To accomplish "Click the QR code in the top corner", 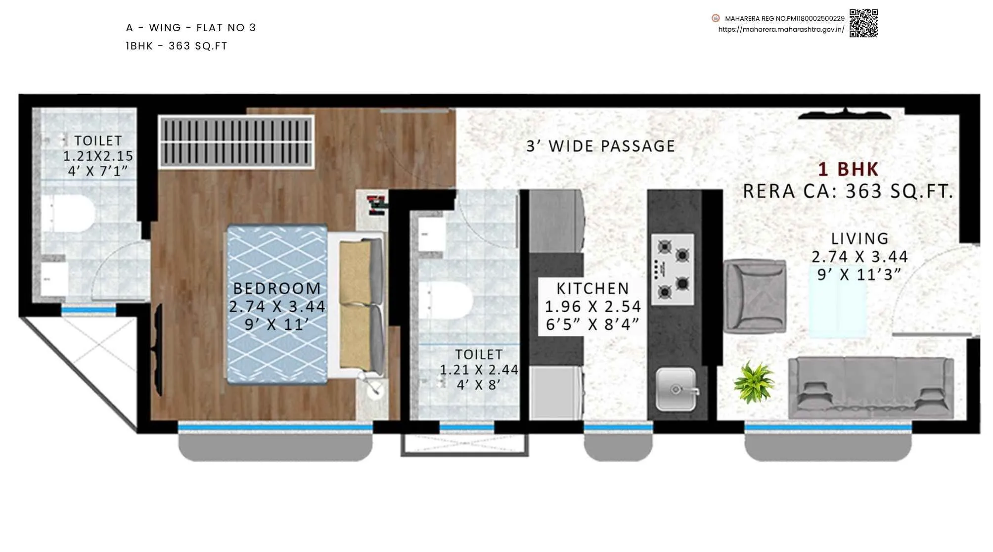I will (863, 23).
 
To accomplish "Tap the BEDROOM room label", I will (277, 288).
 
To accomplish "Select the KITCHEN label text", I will (592, 288).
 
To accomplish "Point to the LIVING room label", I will (859, 239).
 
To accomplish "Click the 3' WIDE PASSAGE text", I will (600, 146).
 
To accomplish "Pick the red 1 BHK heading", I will (848, 170).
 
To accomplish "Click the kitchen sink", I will (676, 389).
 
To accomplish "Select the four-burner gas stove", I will (673, 270).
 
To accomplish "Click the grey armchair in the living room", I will (755, 296).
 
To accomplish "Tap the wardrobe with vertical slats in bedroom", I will (236, 142).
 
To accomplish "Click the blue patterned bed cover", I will (277, 304).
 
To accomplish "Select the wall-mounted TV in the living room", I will (845, 115).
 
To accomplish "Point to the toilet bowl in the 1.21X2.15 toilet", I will (69, 213).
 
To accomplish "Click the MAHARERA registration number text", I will (784, 19).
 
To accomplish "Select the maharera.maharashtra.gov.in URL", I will (781, 30).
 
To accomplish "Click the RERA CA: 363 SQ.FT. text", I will (848, 191).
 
